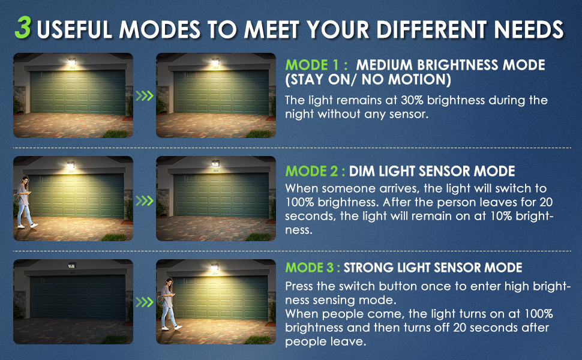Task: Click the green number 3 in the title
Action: click(x=23, y=28)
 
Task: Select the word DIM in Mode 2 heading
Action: click(x=362, y=171)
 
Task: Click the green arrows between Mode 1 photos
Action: click(x=145, y=96)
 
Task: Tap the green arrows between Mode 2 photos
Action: click(x=145, y=201)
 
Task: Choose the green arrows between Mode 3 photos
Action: click(x=145, y=302)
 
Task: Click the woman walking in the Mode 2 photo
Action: click(x=25, y=202)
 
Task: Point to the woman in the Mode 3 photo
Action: click(x=169, y=304)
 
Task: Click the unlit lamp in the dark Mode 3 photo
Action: click(x=71, y=265)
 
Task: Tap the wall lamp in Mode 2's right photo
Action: click(x=215, y=163)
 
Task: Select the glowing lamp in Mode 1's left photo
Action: click(x=72, y=62)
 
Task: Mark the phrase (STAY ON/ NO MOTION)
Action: click(x=368, y=80)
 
